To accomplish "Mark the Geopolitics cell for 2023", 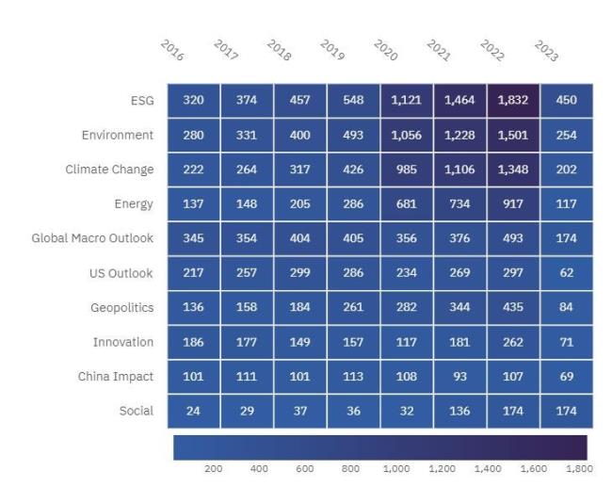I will coord(567,307).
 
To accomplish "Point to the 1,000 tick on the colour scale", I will coord(395,468).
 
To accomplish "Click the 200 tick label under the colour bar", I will coord(214,468).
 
